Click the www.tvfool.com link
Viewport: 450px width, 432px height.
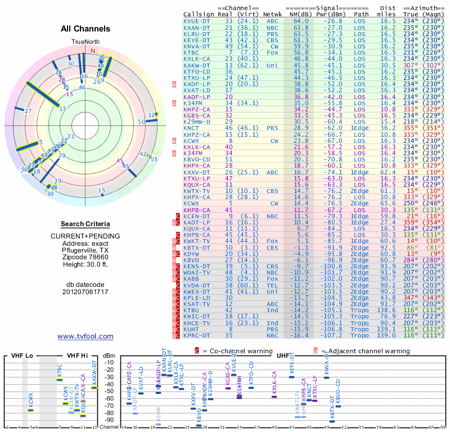(85, 336)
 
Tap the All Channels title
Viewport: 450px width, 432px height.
(85, 29)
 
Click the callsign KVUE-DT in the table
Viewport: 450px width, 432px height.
(196, 21)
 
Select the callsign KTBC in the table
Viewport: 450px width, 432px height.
(192, 52)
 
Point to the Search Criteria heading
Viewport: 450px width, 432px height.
(85, 224)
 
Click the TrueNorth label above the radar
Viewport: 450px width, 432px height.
(85, 42)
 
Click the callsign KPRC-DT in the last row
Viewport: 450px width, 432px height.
(196, 335)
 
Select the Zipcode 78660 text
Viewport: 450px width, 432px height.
(85, 257)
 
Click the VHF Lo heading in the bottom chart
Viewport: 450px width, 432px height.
(23, 355)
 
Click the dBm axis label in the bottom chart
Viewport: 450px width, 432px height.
(109, 355)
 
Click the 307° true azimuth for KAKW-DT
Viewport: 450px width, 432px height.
(412, 65)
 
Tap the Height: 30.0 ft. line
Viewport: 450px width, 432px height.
(85, 264)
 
